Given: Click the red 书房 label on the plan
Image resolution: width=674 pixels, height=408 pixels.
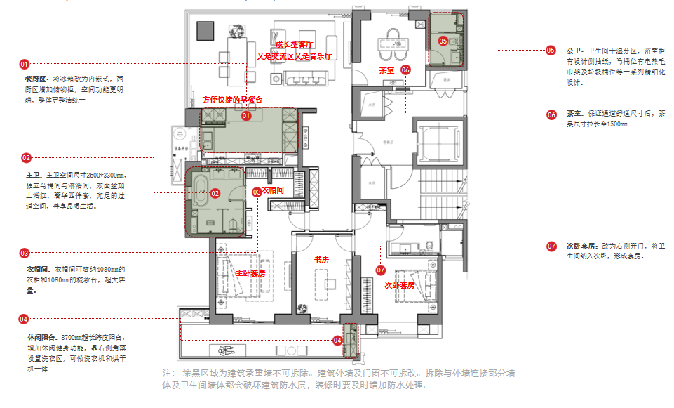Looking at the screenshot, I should tap(321, 260).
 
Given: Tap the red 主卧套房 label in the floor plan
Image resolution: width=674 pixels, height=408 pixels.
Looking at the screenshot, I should tap(250, 272).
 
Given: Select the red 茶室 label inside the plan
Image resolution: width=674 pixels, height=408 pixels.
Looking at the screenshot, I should tap(386, 70).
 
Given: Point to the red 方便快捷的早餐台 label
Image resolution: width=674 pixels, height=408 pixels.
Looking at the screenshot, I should tap(233, 100).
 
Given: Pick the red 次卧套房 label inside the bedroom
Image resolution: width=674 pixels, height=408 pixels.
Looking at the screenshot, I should tap(400, 285).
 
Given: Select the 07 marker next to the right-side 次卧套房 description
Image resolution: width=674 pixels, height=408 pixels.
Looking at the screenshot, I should tap(551, 246).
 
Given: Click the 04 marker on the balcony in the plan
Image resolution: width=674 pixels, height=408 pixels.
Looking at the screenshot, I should tap(337, 341).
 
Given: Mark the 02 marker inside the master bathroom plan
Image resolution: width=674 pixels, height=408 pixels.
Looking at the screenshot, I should tap(215, 193).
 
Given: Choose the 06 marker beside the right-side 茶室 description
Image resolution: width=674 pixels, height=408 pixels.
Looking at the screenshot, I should tap(551, 114).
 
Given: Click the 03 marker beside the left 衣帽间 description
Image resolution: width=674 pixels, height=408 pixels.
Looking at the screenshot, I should tap(24, 253).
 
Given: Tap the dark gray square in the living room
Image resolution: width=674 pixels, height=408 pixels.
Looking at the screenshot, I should tap(205, 30).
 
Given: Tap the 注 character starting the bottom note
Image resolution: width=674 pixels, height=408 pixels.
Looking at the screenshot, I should tap(167, 372).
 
